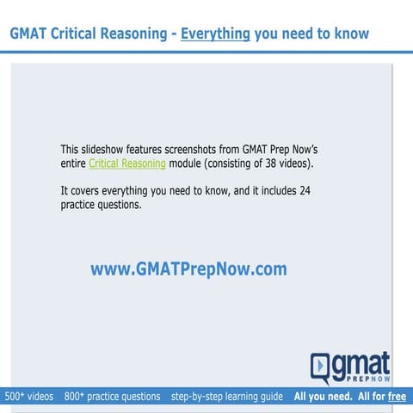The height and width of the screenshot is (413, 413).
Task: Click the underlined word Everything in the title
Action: tap(215, 34)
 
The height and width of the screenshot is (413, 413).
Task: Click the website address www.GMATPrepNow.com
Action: tap(188, 269)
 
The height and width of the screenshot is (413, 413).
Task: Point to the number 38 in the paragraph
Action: tap(262, 163)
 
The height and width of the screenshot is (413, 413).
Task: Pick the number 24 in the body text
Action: tap(305, 190)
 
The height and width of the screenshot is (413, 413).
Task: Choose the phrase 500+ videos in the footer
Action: tap(29, 397)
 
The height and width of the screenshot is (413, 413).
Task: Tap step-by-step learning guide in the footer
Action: tap(226, 397)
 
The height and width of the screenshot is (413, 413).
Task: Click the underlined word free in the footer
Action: tap(398, 397)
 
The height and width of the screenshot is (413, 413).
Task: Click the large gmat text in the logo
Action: tap(361, 362)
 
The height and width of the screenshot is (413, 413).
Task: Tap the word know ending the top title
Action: tap(350, 34)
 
